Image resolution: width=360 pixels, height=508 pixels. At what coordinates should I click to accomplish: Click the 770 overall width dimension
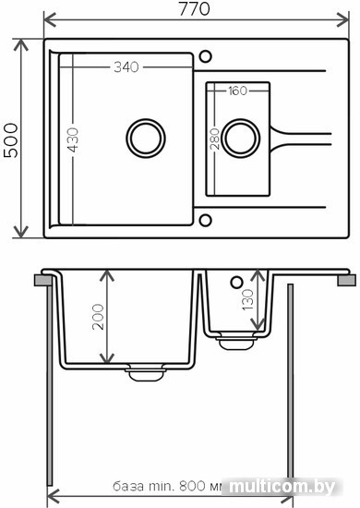pyautogui.click(x=194, y=9)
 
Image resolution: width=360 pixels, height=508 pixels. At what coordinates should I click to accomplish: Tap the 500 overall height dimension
pyautogui.click(x=11, y=140)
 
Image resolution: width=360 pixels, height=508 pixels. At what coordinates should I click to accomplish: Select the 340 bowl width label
pyautogui.click(x=126, y=67)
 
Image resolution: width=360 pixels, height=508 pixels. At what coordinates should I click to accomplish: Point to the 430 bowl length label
pyautogui.click(x=74, y=140)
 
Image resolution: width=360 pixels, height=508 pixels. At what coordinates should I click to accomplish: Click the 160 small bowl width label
pyautogui.click(x=237, y=91)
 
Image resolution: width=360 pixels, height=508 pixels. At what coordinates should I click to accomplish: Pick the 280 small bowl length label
pyautogui.click(x=214, y=139)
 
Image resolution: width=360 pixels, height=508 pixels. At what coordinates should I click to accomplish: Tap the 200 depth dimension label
pyautogui.click(x=98, y=317)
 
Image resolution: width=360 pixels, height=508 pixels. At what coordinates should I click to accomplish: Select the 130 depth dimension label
pyautogui.click(x=247, y=299)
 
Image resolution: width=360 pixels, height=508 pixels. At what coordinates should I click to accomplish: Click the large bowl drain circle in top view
pyautogui.click(x=146, y=139)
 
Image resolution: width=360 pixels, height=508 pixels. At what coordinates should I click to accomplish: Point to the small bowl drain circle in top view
pyautogui.click(x=241, y=139)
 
